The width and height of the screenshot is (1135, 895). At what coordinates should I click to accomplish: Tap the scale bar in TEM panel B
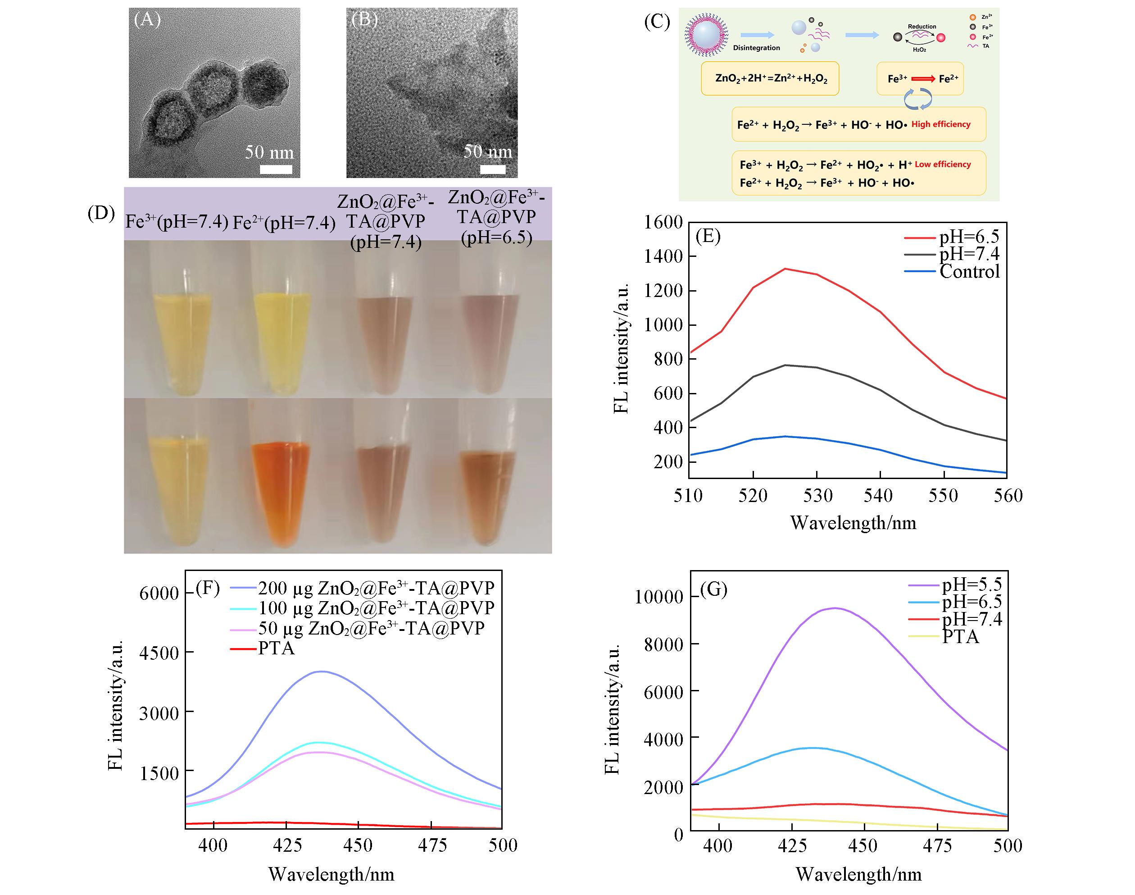(493, 169)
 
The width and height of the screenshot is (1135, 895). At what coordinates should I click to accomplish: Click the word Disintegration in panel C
(756, 48)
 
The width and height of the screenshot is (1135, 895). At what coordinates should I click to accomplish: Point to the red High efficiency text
(941, 124)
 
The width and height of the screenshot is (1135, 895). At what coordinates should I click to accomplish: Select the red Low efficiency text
(943, 164)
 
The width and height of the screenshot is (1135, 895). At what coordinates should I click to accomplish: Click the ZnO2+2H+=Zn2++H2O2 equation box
(770, 78)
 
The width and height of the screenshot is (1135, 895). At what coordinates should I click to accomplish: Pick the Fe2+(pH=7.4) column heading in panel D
(284, 223)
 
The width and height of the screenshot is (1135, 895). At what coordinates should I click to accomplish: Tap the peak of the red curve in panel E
(785, 269)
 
